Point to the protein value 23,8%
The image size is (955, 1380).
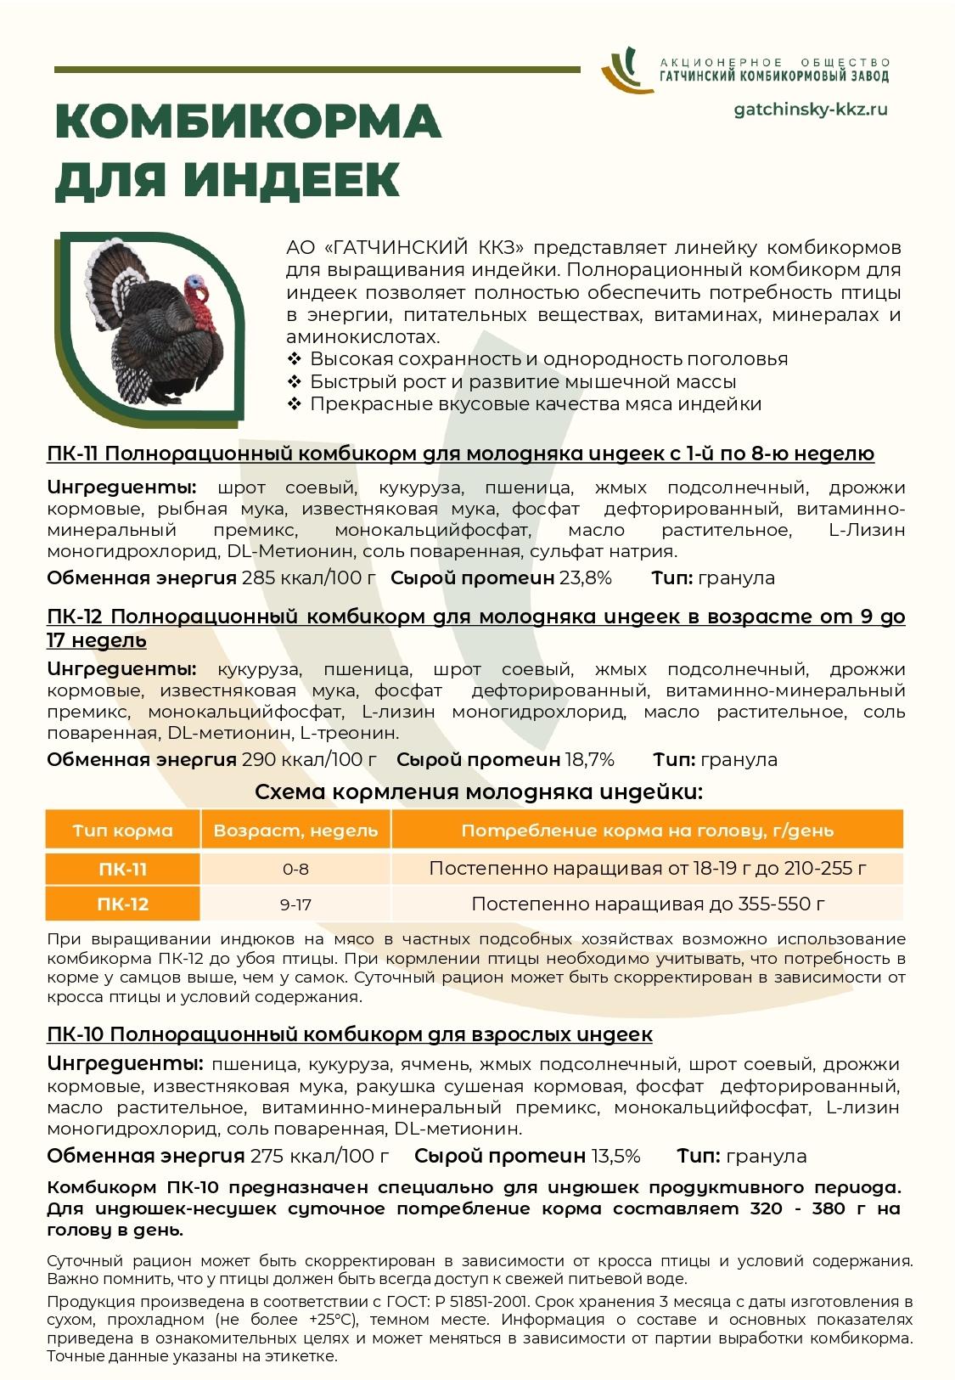(x=585, y=578)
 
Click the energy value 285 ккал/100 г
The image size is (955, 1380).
(x=309, y=578)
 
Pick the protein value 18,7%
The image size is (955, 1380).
(x=587, y=759)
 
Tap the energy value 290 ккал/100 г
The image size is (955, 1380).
(x=309, y=759)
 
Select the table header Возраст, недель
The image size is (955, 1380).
(x=295, y=830)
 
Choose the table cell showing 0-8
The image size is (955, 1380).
(x=295, y=869)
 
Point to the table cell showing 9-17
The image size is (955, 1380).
(x=295, y=904)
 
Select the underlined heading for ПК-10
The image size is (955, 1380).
(x=350, y=1034)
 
